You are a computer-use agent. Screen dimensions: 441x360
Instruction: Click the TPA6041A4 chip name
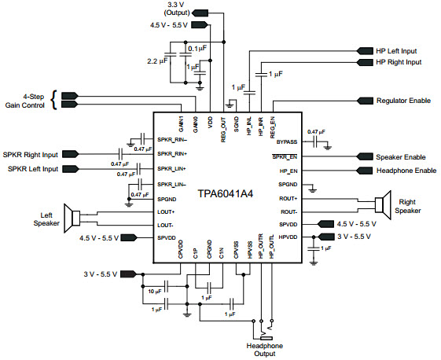pyautogui.click(x=226, y=194)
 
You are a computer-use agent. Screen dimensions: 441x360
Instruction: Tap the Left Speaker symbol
pyautogui.click(x=72, y=219)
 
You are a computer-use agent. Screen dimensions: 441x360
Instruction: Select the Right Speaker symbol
pyautogui.click(x=383, y=204)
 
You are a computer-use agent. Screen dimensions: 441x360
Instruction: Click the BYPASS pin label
pyautogui.click(x=287, y=142)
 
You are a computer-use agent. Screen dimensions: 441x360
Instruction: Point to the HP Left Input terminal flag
pyautogui.click(x=365, y=51)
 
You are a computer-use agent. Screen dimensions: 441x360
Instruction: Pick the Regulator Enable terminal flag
pyautogui.click(x=365, y=101)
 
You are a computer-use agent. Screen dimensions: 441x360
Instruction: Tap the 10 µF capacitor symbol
pyautogui.click(x=167, y=287)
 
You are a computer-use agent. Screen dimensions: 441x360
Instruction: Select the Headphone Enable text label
pyautogui.click(x=406, y=171)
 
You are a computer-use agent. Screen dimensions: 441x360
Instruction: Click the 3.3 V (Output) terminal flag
pyautogui.click(x=200, y=13)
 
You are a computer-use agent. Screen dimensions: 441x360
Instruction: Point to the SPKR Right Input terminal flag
pyautogui.click(x=70, y=154)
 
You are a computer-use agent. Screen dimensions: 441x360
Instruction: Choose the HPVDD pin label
pyautogui.click(x=288, y=237)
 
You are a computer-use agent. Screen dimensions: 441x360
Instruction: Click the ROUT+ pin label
pyautogui.click(x=288, y=199)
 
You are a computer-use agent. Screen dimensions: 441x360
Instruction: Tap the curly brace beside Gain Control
pyautogui.click(x=54, y=100)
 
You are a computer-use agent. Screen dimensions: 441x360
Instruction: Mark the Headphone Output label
pyautogui.click(x=265, y=350)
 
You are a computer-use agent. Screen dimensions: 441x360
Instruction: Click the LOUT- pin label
pyautogui.click(x=165, y=226)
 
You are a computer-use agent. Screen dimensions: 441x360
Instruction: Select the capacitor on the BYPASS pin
pyautogui.click(x=316, y=142)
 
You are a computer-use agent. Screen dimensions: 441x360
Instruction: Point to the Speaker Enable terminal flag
pyautogui.click(x=365, y=156)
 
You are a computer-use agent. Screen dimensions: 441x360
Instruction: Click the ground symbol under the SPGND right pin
pyautogui.click(x=312, y=190)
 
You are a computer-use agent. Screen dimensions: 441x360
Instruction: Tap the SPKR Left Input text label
pyautogui.click(x=33, y=169)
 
